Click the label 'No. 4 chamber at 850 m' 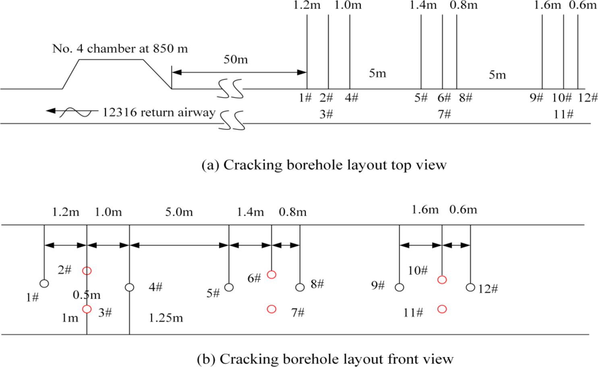pyautogui.click(x=120, y=49)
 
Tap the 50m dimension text pyautogui.click(x=236, y=60)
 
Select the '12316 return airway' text pyautogui.click(x=159, y=112)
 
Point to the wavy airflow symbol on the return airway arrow pyautogui.click(x=76, y=112)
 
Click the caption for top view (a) pyautogui.click(x=324, y=165)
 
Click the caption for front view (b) pyautogui.click(x=325, y=359)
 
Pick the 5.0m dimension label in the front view pyautogui.click(x=179, y=212)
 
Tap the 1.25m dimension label pyautogui.click(x=166, y=318)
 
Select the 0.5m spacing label pyautogui.click(x=86, y=295)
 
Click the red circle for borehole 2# pyautogui.click(x=87, y=271)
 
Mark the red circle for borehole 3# pyautogui.click(x=87, y=309)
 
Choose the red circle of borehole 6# pyautogui.click(x=271, y=275)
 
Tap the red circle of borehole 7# pyautogui.click(x=271, y=309)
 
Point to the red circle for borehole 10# pyautogui.click(x=442, y=280)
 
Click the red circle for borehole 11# pyautogui.click(x=442, y=309)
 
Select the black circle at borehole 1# pyautogui.click(x=44, y=284)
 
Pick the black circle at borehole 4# pyautogui.click(x=129, y=287)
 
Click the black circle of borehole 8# pyautogui.click(x=300, y=287)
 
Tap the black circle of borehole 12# pyautogui.click(x=470, y=287)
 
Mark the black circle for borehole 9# pyautogui.click(x=399, y=287)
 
